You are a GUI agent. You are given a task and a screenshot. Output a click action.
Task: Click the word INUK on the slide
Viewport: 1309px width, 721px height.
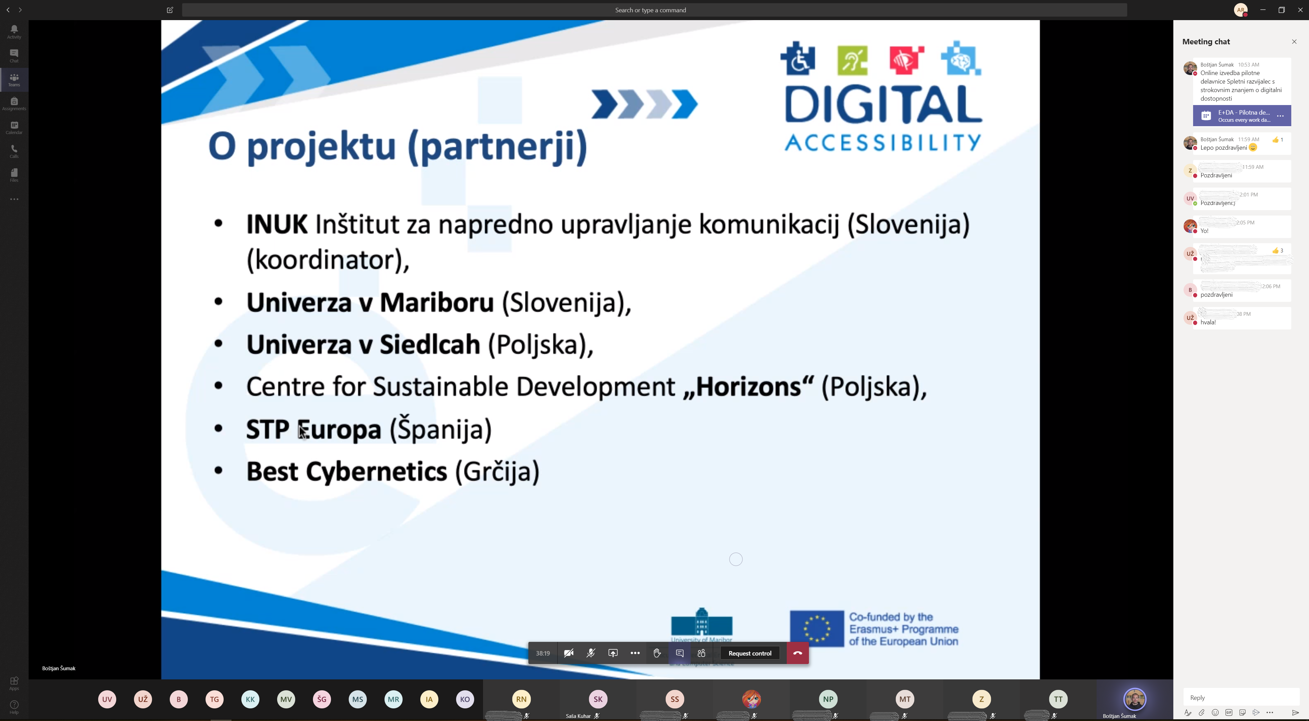277,224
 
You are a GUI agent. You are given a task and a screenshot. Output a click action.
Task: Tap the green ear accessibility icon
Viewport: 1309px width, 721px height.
852,60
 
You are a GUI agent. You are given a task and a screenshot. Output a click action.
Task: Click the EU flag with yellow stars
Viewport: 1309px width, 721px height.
817,629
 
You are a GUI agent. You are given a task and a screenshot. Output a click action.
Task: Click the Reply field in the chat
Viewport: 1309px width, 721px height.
1240,697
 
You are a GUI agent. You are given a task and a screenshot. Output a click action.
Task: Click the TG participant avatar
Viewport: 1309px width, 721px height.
214,699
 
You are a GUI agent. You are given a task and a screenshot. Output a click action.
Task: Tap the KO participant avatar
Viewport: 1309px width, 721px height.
464,699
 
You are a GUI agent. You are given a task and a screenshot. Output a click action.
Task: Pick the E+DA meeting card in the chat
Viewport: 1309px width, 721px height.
1242,116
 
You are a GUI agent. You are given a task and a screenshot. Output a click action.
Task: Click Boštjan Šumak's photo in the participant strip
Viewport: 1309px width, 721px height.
1135,699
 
